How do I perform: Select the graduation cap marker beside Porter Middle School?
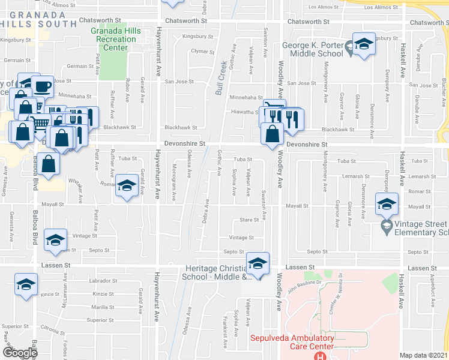tap(363, 46)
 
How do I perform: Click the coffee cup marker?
tap(43, 86)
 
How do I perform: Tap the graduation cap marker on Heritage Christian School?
tap(258, 263)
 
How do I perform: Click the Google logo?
tap(20, 352)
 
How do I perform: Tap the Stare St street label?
tap(249, 220)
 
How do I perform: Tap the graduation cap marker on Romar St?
tap(127, 186)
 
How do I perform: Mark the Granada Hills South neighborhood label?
tap(33, 18)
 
